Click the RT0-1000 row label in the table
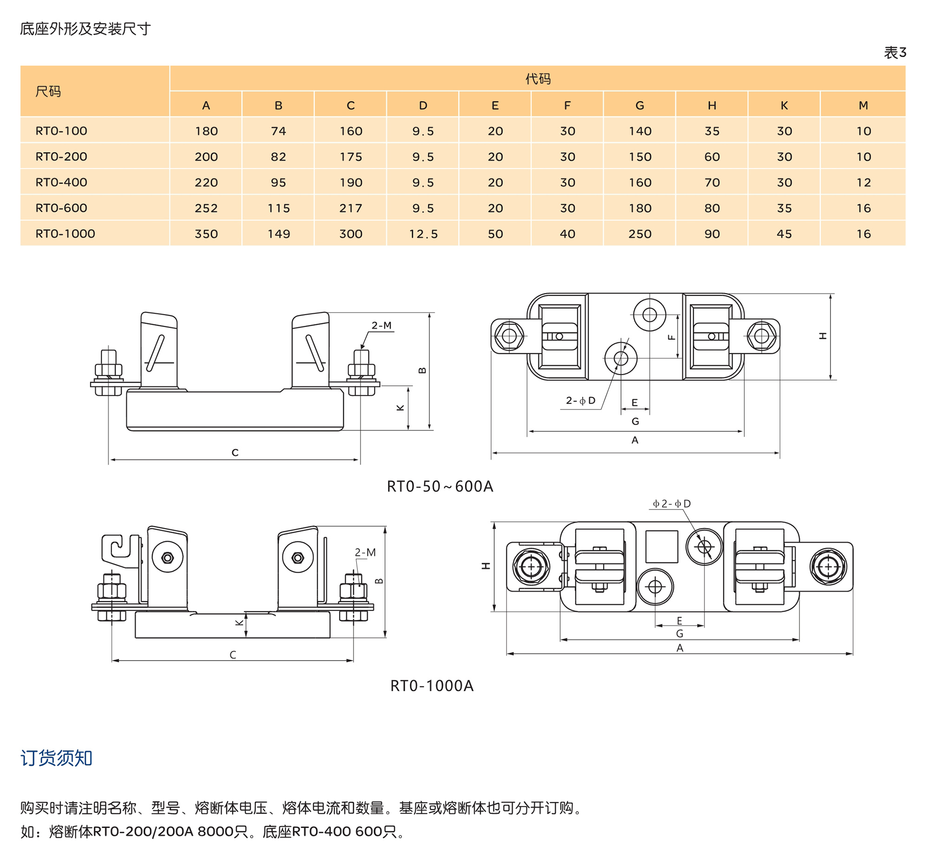pos(65,233)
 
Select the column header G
pos(639,105)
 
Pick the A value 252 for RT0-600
pos(206,208)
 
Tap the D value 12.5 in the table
pos(423,234)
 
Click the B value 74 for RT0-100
pos(278,131)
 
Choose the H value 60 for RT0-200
pos(712,157)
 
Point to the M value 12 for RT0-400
pos(863,182)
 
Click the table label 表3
pos(895,53)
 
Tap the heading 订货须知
pos(56,758)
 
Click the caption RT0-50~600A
pos(440,486)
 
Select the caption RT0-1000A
pos(432,686)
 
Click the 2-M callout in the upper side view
pos(381,325)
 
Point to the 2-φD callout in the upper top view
pos(580,400)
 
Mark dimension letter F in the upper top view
pos(672,337)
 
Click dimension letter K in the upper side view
pos(400,408)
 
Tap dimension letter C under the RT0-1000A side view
pos(233,654)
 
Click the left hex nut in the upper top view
pos(509,336)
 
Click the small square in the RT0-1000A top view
pos(661,546)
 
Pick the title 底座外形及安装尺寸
pos(85,29)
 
